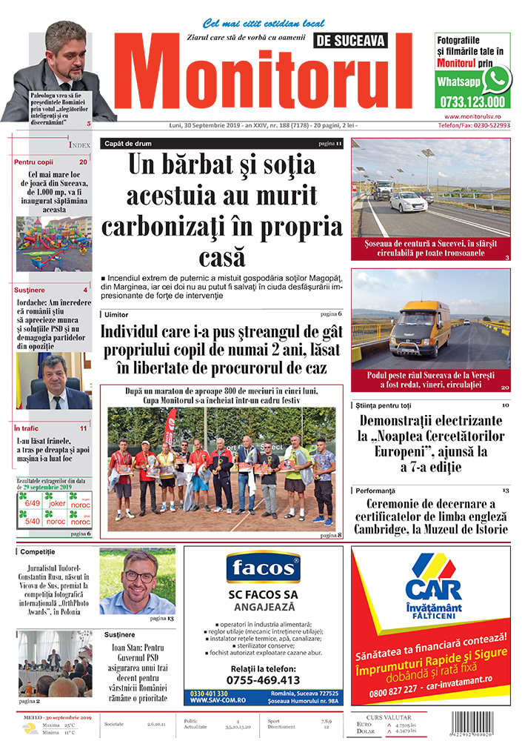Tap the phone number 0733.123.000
pyautogui.click(x=472, y=102)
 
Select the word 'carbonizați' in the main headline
pyautogui.click(x=222, y=224)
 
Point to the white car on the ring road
pyautogui.click(x=408, y=202)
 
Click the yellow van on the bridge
pyautogui.click(x=421, y=327)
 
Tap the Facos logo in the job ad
pyautogui.click(x=263, y=568)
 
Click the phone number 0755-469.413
pyautogui.click(x=263, y=679)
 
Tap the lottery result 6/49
pyautogui.click(x=33, y=502)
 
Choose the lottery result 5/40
pyautogui.click(x=33, y=520)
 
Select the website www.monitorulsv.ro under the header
pyautogui.click(x=475, y=117)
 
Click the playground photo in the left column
pyautogui.click(x=54, y=244)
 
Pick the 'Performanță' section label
pyautogui.click(x=375, y=491)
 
